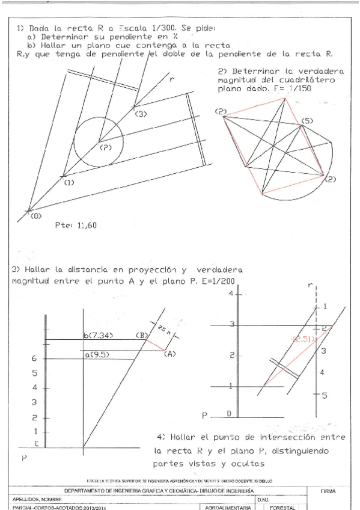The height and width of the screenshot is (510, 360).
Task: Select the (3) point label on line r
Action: (x=141, y=113)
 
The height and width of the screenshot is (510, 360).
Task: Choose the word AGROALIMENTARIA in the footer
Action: (x=227, y=507)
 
